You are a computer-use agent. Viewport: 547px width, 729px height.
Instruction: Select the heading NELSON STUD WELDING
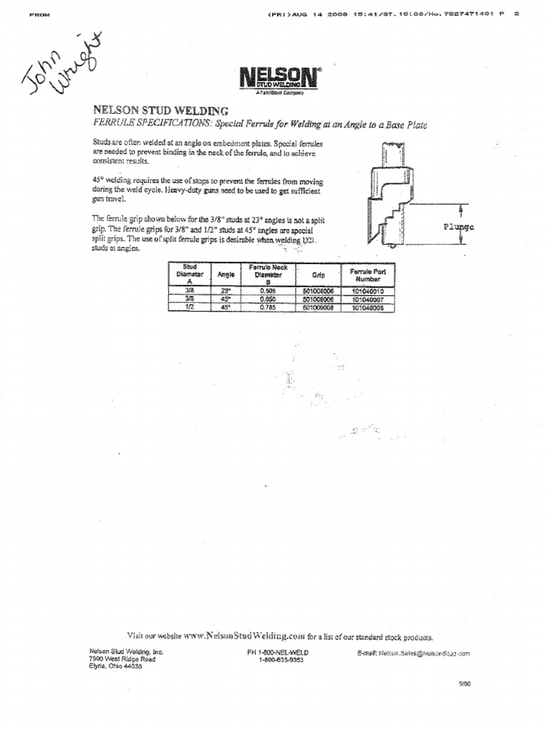point(160,110)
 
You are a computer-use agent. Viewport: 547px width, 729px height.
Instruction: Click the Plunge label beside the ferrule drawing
point(458,227)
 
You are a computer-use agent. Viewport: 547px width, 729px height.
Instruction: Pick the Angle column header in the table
point(225,274)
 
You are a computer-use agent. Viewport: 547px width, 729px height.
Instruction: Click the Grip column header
point(318,274)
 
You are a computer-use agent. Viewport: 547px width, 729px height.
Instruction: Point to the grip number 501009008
point(318,308)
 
